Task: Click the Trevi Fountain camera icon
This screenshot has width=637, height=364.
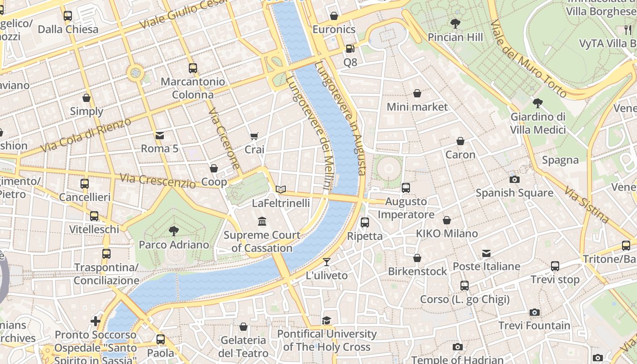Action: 535,312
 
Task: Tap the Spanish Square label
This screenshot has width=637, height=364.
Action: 514,193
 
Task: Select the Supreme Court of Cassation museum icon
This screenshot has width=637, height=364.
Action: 262,222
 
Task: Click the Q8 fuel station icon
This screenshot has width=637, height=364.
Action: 349,49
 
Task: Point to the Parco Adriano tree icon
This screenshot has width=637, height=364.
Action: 173,231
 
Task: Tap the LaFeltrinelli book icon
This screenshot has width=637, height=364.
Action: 281,189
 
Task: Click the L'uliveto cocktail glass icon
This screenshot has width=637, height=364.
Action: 327,262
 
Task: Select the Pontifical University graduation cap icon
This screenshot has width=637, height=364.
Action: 327,321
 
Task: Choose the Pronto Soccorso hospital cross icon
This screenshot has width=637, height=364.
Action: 96,321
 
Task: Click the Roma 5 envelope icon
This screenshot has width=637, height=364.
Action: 159,135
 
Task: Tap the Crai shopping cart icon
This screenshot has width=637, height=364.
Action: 254,136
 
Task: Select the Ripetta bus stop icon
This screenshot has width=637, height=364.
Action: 364,222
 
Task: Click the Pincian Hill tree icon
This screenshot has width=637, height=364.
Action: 455,24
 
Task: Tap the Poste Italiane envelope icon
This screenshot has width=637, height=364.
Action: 486,253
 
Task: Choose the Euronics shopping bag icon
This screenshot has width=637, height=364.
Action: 334,16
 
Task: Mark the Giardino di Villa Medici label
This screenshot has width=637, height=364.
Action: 538,123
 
